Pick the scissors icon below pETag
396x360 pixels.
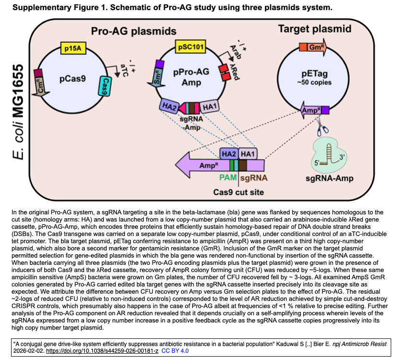click(321, 128)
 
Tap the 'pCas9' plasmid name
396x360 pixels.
click(73, 77)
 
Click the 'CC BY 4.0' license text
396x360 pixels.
click(176, 351)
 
